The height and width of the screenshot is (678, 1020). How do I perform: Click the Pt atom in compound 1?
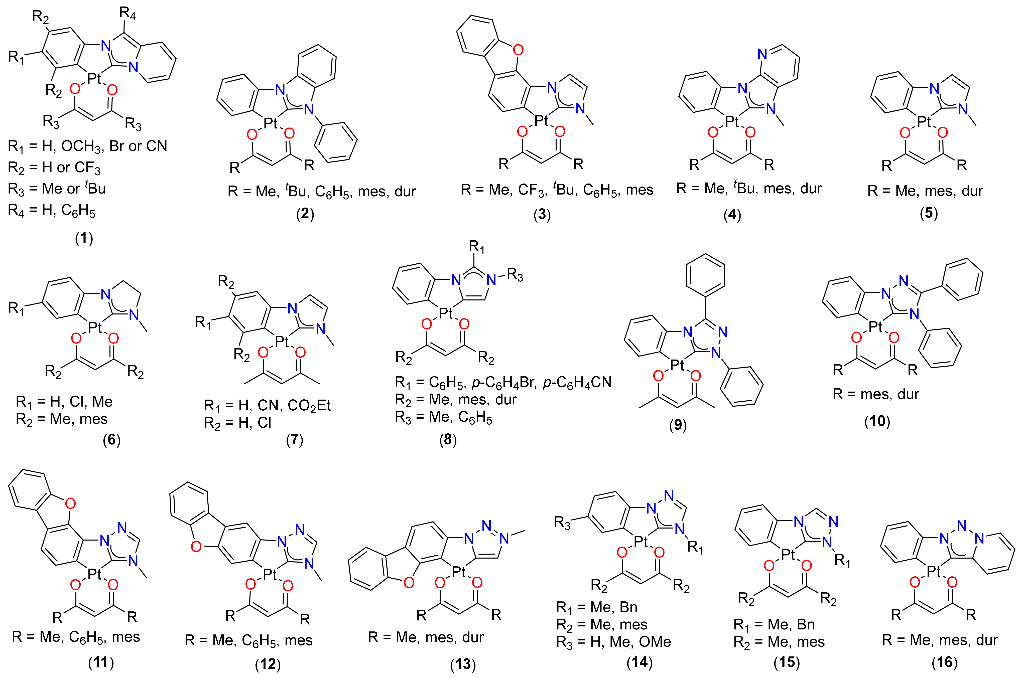point(94,79)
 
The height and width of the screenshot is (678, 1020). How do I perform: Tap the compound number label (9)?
point(678,425)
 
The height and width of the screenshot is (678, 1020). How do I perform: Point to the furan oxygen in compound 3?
point(518,50)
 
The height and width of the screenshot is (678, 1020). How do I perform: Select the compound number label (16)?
point(944,662)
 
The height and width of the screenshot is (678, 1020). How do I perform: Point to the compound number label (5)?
point(929,213)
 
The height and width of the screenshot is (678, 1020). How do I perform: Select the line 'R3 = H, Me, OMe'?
point(613,642)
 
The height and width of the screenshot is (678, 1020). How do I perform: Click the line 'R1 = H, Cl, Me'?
point(64,402)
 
